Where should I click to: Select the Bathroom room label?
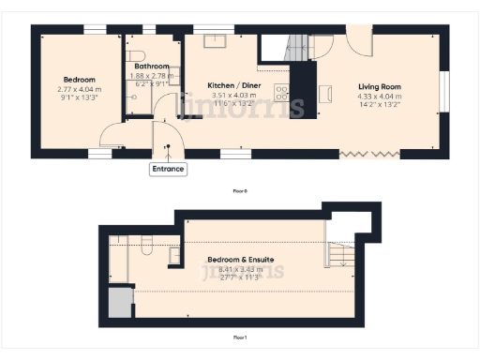click(151, 67)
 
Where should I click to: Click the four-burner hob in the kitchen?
click(280, 91)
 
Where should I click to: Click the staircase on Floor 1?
click(340, 252)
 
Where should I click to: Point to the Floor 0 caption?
click(240, 190)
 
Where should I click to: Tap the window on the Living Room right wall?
click(444, 90)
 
